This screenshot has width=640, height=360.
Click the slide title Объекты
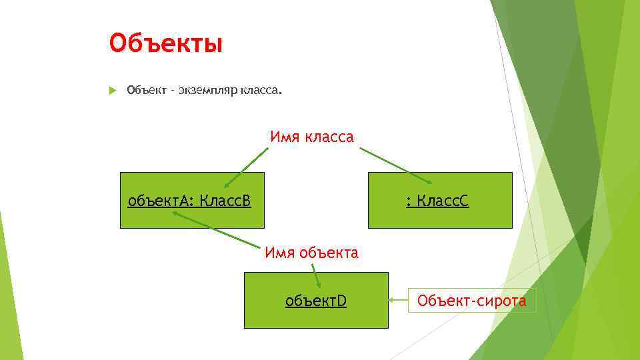(165, 44)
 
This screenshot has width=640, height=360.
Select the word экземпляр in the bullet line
(206, 90)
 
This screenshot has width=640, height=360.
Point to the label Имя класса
(311, 137)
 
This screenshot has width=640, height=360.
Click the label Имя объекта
(311, 253)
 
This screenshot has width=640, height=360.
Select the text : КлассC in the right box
(437, 201)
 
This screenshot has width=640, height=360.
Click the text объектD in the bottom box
(315, 301)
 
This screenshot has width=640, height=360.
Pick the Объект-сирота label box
(471, 301)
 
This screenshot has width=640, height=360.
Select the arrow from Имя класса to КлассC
(395, 165)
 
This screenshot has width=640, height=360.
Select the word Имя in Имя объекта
(278, 253)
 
